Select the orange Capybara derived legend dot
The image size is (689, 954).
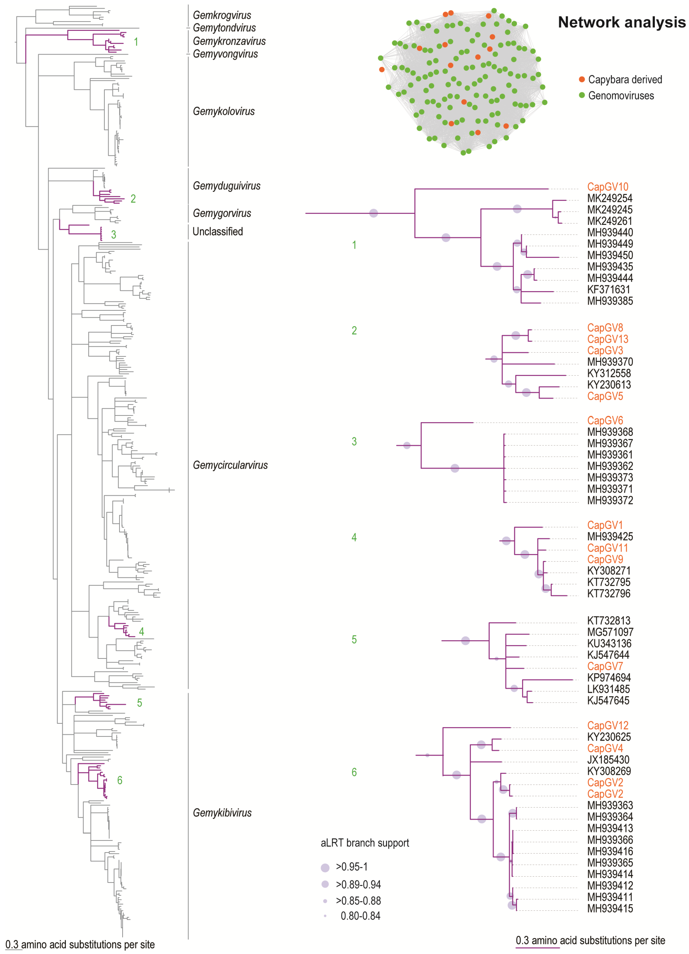point(582,80)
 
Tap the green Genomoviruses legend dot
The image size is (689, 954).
point(582,95)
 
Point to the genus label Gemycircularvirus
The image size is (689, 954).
point(230,465)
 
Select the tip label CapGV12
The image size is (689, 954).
point(607,726)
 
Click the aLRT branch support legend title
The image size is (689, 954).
point(365,843)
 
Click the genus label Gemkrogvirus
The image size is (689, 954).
point(222,15)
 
